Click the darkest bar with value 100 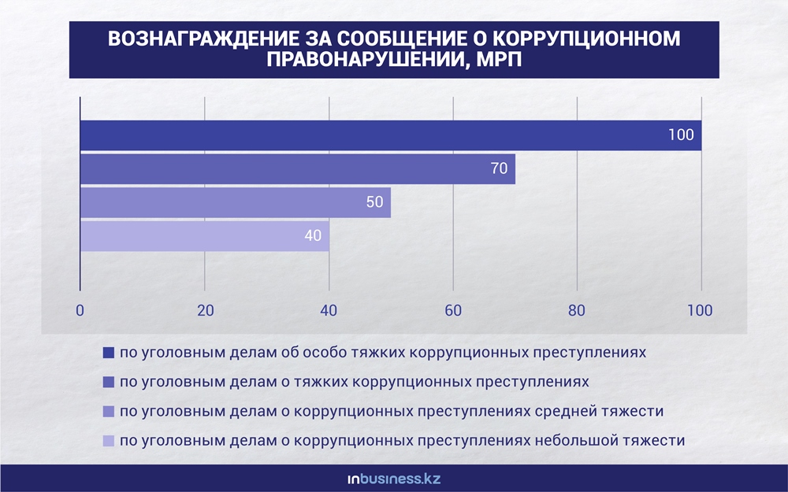391,135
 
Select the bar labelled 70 298,168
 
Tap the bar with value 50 236,202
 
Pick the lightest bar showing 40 205,236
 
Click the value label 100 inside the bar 681,135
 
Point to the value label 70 499,168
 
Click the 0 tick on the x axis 80,311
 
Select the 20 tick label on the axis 206,311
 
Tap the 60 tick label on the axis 453,311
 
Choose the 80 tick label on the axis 577,311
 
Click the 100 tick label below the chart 700,311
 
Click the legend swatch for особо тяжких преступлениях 109,353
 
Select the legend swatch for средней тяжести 109,412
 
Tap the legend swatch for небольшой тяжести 109,441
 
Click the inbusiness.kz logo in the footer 394,479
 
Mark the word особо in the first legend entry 320,353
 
